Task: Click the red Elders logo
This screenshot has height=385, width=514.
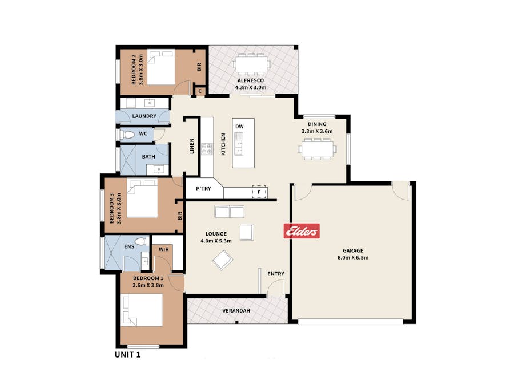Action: [302, 231]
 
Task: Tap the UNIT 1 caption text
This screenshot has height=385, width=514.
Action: [127, 355]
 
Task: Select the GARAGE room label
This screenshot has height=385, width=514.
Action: [353, 250]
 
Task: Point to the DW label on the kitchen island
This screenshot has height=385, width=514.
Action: [240, 127]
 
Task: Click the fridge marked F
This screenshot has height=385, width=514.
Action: [259, 192]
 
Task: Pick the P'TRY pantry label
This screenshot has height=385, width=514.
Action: [203, 189]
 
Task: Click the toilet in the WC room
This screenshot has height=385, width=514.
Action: [128, 135]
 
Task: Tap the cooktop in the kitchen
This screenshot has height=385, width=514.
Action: [207, 149]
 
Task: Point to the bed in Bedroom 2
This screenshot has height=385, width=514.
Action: [160, 67]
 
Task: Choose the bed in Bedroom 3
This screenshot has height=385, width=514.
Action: [142, 198]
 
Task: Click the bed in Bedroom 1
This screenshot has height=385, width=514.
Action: [142, 310]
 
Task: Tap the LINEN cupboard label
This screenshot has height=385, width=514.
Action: [192, 146]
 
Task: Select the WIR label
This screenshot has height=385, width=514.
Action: [164, 249]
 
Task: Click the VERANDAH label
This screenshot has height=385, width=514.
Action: [236, 311]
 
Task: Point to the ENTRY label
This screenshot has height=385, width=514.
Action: [276, 274]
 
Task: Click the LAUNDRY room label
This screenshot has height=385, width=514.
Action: [144, 116]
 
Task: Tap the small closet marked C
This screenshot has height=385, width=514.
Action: [200, 91]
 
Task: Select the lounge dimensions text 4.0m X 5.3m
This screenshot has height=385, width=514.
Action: [216, 241]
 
